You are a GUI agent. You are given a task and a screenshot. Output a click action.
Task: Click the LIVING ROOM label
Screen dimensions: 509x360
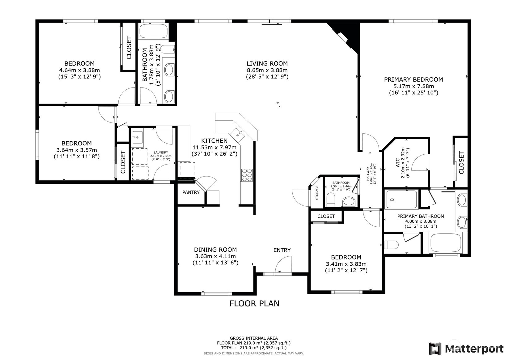click(x=267, y=63)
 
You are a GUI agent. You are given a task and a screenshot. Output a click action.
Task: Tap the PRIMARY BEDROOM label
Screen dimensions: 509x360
click(x=413, y=79)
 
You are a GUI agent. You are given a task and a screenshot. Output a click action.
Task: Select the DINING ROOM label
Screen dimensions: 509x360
click(x=215, y=250)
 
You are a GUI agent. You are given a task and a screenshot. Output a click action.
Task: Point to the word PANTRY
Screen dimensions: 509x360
click(x=191, y=192)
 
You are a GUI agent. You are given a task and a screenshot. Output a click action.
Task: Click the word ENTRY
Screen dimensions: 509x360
click(x=282, y=250)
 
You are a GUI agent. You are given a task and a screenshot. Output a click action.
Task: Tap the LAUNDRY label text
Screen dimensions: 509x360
click(x=161, y=152)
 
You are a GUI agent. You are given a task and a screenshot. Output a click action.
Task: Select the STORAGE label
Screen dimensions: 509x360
click(x=317, y=193)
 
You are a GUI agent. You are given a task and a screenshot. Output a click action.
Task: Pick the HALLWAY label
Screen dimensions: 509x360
click(x=368, y=174)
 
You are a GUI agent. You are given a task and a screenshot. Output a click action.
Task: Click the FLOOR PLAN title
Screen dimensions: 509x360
click(x=254, y=304)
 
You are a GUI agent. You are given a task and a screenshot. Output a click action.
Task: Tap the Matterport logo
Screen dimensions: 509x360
click(x=466, y=349)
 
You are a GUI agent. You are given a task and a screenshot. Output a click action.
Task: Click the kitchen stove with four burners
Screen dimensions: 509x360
click(x=247, y=175)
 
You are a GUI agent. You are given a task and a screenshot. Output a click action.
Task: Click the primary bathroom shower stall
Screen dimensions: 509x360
click(x=401, y=200)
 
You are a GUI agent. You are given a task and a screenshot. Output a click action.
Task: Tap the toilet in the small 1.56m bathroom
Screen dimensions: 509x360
click(x=331, y=200)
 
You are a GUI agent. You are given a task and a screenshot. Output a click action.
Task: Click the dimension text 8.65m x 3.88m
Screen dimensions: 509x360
click(x=267, y=70)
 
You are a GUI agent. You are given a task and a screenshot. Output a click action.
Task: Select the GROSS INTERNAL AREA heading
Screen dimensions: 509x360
click(x=254, y=338)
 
